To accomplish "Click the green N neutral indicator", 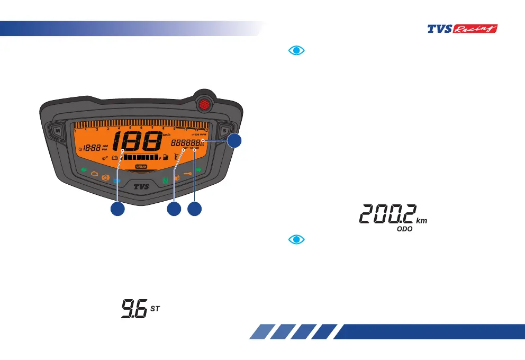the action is pos(166,181).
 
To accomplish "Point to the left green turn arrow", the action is pos(83,170).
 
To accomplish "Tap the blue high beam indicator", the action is pos(117,181).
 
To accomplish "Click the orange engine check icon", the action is pos(94,173).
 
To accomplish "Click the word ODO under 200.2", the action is pos(405,231).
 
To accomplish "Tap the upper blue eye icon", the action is pos(297,50).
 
